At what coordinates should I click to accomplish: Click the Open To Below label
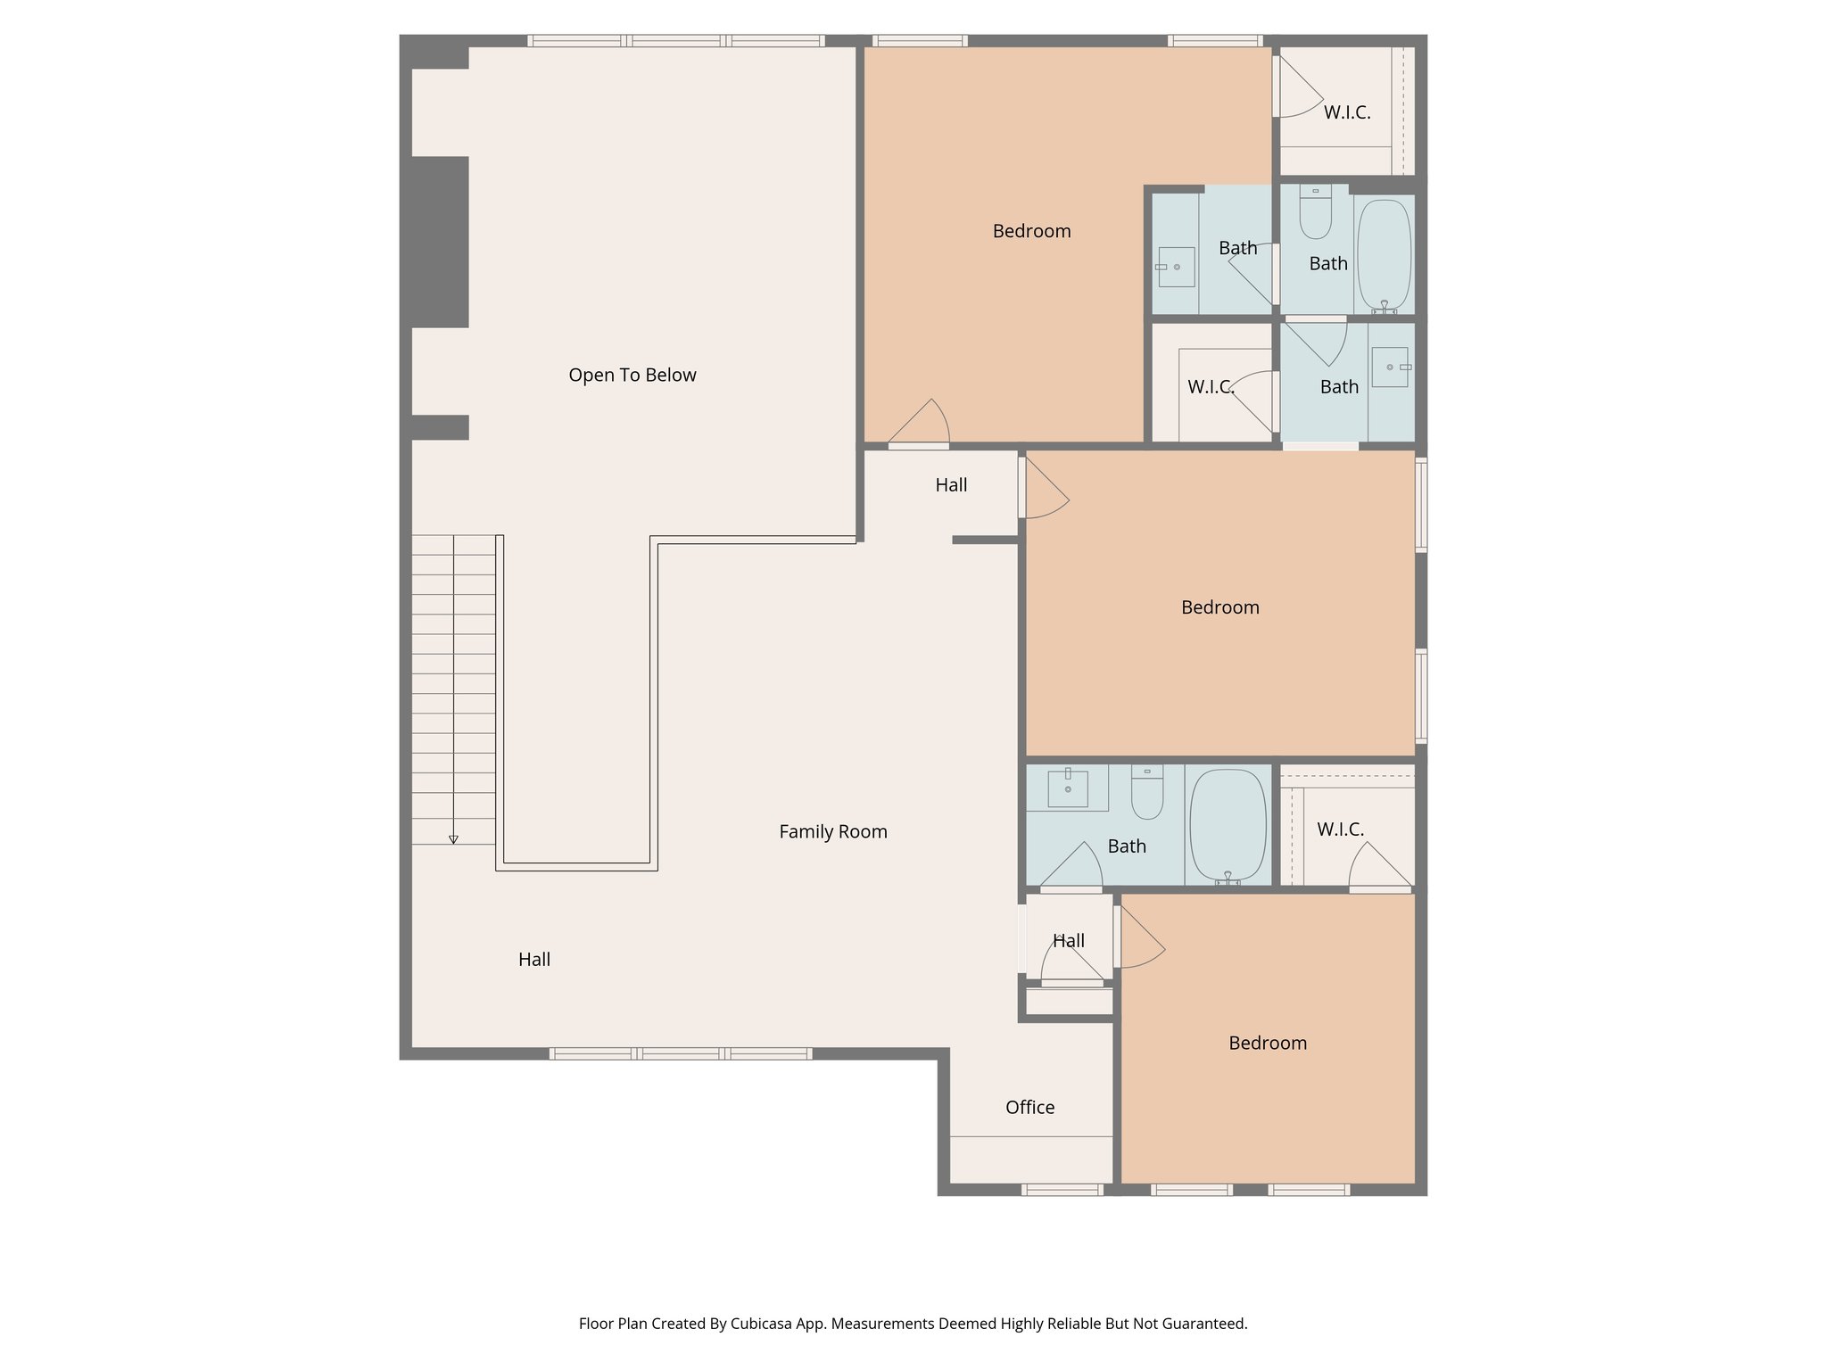[632, 376]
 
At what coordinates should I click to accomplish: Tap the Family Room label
[832, 832]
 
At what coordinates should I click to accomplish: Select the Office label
[1029, 1108]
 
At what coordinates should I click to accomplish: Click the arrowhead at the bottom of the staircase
[453, 839]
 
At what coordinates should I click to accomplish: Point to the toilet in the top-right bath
[1315, 213]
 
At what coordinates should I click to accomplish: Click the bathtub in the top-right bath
[1384, 256]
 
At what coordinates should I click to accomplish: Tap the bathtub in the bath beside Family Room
[1228, 826]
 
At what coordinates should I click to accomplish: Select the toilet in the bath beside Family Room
[1146, 794]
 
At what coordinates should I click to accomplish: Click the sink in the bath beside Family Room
[1067, 788]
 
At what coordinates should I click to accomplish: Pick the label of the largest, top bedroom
[1031, 232]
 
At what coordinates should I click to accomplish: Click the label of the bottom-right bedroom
[1267, 1044]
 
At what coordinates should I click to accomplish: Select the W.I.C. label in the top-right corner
[1346, 113]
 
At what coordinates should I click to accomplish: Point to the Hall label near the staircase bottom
[533, 960]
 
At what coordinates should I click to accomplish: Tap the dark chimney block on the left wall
[440, 242]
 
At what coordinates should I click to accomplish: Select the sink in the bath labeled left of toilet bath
[1176, 267]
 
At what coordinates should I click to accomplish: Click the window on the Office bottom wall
[1062, 1190]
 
